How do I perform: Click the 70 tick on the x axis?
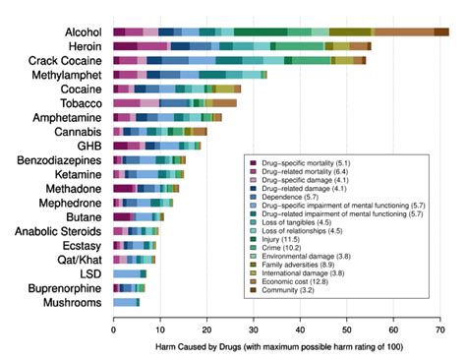[440, 330]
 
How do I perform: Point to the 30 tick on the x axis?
[254, 330]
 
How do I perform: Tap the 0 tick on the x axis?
[114, 330]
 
